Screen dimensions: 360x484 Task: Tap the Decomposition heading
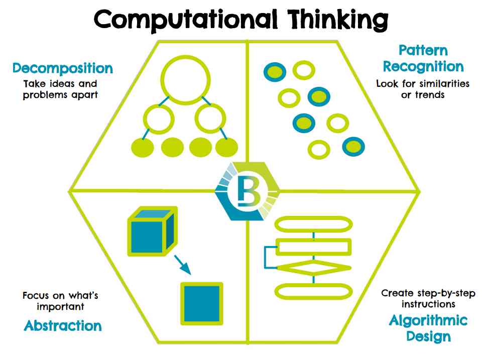point(63,68)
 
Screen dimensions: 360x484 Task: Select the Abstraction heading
point(63,326)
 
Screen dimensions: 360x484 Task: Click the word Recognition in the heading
point(423,66)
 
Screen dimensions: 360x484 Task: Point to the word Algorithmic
point(428,320)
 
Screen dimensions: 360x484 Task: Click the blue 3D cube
point(150,231)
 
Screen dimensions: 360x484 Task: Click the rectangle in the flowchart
point(314,246)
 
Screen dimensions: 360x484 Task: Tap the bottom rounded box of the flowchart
point(314,291)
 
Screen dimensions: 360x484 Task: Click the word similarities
point(445,84)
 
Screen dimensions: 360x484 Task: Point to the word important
point(60,306)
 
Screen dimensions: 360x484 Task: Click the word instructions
point(428,304)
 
